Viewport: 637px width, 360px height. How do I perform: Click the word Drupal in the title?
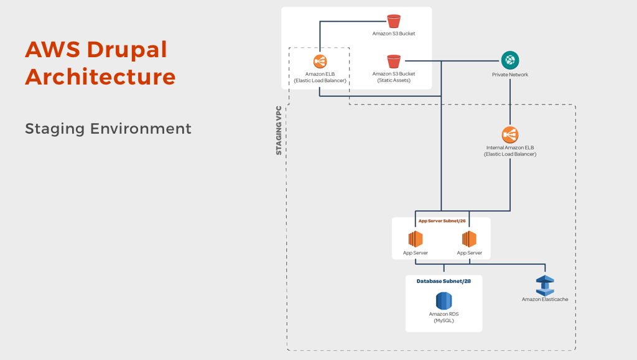pos(127,50)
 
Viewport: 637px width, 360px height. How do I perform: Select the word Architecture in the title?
pos(100,76)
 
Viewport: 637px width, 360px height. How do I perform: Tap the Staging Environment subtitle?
pos(108,129)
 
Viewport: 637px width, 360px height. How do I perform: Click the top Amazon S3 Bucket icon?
pos(394,21)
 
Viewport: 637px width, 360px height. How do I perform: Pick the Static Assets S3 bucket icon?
pos(394,62)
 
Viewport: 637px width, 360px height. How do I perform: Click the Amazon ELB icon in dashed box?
pos(320,62)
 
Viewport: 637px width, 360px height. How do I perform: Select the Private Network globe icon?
pos(510,60)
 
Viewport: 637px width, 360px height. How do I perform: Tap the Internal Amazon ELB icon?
pos(510,135)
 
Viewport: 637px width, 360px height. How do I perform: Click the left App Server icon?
pos(415,239)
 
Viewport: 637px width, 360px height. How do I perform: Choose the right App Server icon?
pos(469,239)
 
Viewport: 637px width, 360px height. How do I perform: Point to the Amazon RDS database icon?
pos(444,301)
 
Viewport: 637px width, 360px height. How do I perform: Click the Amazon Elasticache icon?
pos(545,286)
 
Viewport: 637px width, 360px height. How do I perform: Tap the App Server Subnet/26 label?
pos(442,221)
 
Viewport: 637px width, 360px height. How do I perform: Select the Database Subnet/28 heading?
pos(444,281)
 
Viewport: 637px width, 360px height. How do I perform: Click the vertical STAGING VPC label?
pos(279,131)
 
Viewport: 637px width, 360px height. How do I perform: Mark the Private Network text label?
pos(510,75)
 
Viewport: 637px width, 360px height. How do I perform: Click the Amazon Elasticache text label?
pos(545,300)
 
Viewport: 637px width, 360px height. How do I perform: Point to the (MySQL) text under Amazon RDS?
pos(444,321)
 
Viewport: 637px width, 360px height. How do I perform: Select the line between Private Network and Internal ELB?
pos(510,102)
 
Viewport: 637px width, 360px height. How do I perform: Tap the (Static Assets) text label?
pos(394,80)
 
